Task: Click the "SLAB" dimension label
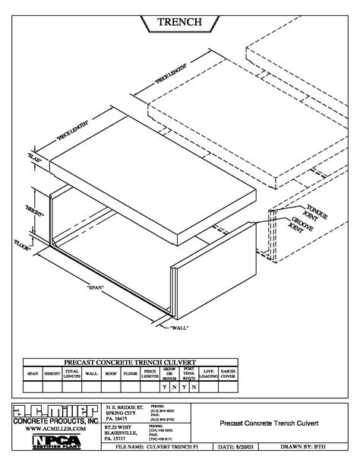coord(33,159)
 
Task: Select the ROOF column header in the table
coord(112,373)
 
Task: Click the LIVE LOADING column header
coord(208,372)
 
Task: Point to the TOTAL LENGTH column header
coord(72,372)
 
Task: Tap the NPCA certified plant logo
coord(50,442)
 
